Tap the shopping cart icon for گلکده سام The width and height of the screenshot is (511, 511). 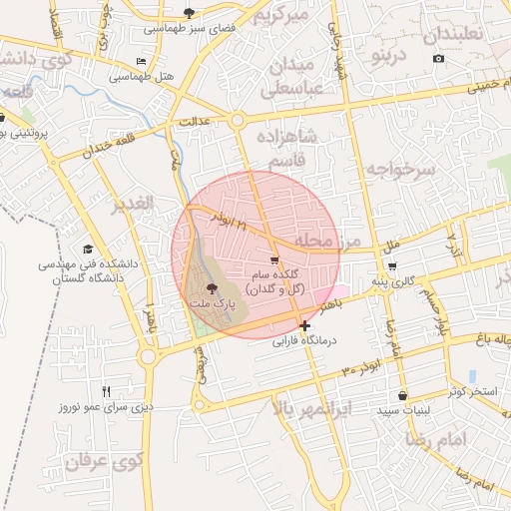274,259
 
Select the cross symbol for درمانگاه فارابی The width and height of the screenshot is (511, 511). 304,325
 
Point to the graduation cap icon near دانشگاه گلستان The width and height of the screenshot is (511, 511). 87,249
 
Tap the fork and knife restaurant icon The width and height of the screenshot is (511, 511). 107,391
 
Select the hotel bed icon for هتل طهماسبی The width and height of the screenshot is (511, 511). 141,62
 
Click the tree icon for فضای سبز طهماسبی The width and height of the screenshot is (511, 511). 190,13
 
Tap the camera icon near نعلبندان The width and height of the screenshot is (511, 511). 438,59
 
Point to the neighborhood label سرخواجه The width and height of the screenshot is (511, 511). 400,170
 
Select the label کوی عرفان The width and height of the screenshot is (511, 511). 107,461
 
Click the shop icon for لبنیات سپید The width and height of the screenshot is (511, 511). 402,395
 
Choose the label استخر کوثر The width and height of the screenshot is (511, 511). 471,390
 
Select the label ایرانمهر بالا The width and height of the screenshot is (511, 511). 312,408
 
